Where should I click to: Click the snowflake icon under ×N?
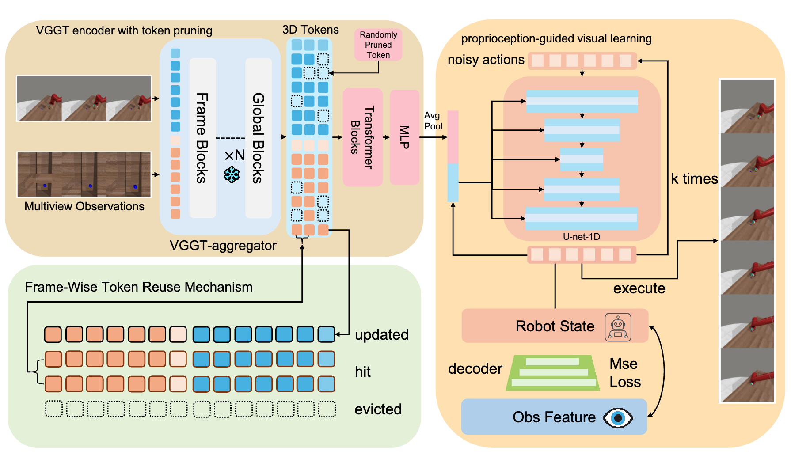coord(232,174)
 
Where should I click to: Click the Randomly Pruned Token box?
coord(378,45)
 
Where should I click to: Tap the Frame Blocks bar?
coord(202,138)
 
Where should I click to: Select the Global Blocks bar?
coord(259,138)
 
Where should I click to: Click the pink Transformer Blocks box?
coord(362,137)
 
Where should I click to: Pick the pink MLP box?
coord(404,137)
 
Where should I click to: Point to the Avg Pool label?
coord(433,121)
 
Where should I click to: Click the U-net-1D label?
coord(581,237)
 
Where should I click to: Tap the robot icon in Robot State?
coord(618,327)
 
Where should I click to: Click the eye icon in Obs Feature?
coord(618,417)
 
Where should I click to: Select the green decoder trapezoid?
coord(553,373)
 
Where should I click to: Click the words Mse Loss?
coord(624,373)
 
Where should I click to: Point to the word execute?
coord(639,288)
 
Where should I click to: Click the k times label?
coord(694,179)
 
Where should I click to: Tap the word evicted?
coord(378,409)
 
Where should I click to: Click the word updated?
coord(381,335)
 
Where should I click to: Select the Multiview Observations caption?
coord(84,206)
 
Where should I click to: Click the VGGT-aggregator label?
coord(223,246)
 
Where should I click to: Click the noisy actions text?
coord(486,60)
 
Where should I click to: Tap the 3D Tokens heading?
coord(310,30)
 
